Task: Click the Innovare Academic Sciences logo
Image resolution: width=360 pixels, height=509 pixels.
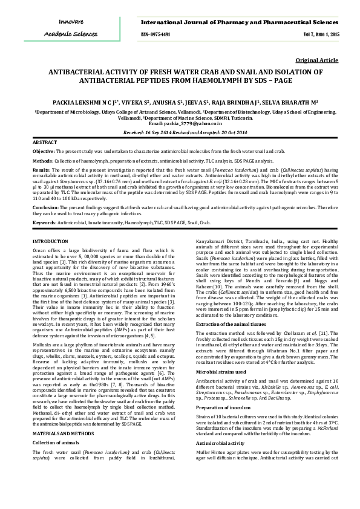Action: click(70, 28)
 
